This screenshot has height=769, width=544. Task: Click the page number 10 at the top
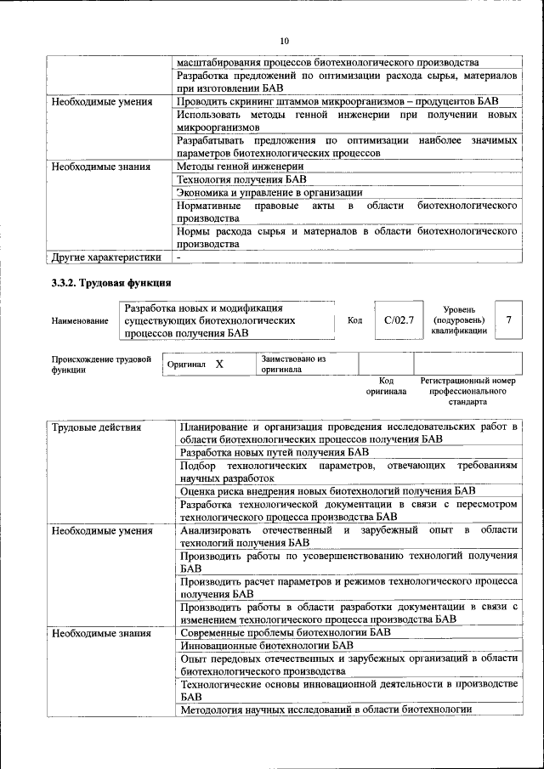point(285,40)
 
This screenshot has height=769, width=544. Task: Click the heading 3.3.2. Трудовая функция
point(111,282)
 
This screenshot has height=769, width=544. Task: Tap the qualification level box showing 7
point(508,319)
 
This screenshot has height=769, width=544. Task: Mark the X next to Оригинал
point(218,364)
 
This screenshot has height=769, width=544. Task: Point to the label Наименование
point(80,320)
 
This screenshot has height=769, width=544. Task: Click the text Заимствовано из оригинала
point(293,364)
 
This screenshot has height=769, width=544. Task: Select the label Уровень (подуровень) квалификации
point(459,320)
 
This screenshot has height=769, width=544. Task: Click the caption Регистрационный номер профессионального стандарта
point(467,391)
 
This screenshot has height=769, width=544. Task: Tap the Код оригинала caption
point(386,387)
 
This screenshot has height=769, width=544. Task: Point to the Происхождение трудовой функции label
point(99,365)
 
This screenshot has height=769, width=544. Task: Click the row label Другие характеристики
point(106,257)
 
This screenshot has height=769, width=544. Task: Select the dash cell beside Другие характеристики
point(179,257)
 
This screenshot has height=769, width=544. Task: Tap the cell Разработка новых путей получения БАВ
point(275,453)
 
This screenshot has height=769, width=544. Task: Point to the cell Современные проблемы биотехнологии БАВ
point(286,632)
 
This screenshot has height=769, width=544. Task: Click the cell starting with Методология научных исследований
point(326,710)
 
